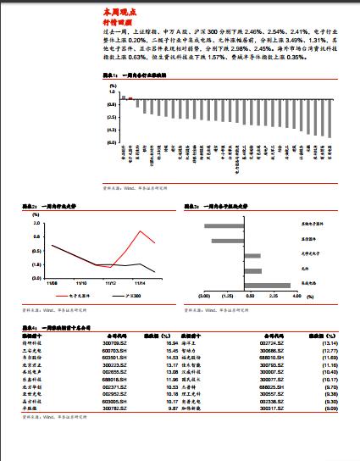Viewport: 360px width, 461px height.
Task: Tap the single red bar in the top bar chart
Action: (x=125, y=97)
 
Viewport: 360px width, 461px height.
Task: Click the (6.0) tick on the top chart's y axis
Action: (x=112, y=143)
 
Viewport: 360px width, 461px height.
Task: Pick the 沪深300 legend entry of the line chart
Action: (x=131, y=296)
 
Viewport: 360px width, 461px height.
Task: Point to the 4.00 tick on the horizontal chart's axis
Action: (x=296, y=297)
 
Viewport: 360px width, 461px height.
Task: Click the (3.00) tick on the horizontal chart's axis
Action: (x=203, y=297)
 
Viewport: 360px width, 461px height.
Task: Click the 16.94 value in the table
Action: (x=170, y=343)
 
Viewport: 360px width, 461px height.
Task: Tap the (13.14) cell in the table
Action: (x=330, y=343)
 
